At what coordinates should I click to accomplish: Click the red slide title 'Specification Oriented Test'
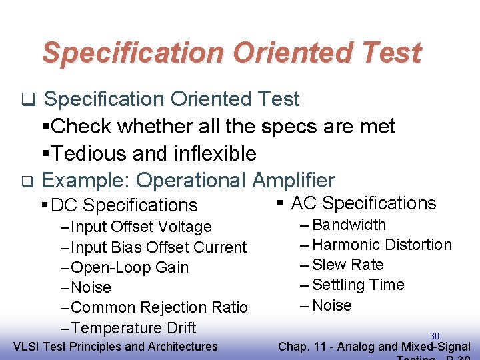click(x=231, y=53)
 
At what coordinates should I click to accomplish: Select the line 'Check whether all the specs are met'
click(x=223, y=126)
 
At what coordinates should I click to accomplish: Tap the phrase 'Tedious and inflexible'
click(x=153, y=153)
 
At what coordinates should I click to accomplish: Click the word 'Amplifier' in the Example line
click(x=293, y=180)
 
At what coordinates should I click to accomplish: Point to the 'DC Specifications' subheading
click(x=124, y=205)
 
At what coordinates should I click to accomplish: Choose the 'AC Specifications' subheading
click(x=363, y=203)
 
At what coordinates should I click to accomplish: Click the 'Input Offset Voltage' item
click(x=141, y=227)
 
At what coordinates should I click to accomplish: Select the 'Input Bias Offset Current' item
click(x=158, y=247)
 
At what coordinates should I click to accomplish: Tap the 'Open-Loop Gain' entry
click(x=129, y=267)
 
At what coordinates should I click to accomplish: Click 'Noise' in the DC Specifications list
click(x=91, y=287)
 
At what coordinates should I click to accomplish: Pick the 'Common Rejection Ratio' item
click(x=159, y=307)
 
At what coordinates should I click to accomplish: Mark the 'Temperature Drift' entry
click(x=133, y=328)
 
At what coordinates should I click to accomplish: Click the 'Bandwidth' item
click(x=349, y=225)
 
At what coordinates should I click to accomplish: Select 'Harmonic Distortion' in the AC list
click(x=381, y=245)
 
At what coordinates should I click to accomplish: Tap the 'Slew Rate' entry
click(x=347, y=265)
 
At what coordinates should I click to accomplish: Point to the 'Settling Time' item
click(x=358, y=285)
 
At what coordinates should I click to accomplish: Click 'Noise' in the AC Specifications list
click(x=331, y=305)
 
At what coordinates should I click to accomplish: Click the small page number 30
click(x=435, y=336)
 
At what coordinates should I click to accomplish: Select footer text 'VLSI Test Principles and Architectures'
click(x=115, y=346)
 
